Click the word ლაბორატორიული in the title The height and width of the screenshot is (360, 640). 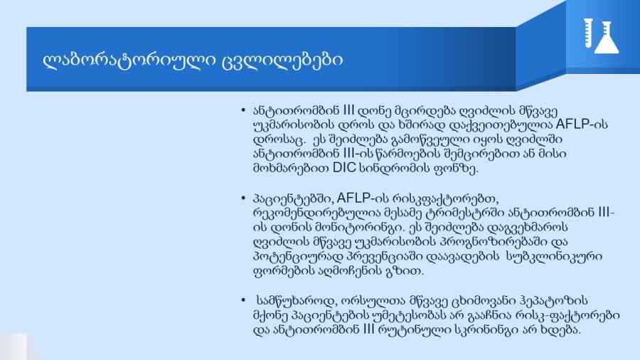(x=129, y=60)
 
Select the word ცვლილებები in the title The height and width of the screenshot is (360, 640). (x=282, y=60)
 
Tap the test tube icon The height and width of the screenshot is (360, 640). (x=588, y=33)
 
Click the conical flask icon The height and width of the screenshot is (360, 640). (x=607, y=38)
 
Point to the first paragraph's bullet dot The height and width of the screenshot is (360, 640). (x=243, y=110)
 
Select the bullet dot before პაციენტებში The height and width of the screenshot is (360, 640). (x=243, y=198)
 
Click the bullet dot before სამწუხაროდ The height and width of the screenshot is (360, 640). (x=243, y=300)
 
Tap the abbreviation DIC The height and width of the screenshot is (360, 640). (x=344, y=168)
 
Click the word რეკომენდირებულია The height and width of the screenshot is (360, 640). (x=316, y=213)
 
